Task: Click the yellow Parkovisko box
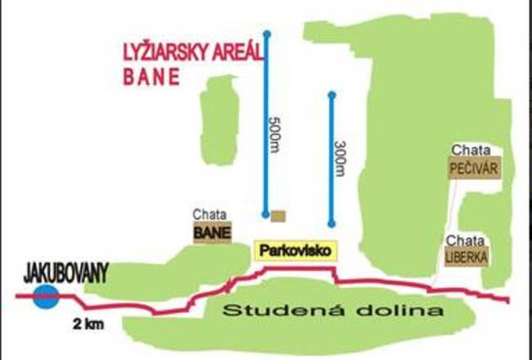pyautogui.click(x=296, y=250)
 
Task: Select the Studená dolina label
pyautogui.click(x=333, y=311)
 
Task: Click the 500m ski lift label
pyautogui.click(x=275, y=132)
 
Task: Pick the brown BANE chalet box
pyautogui.click(x=212, y=232)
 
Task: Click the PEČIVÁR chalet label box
pyautogui.click(x=474, y=169)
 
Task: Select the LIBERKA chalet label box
pyautogui.click(x=467, y=257)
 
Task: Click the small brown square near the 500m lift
pyautogui.click(x=278, y=216)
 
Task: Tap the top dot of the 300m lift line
pyautogui.click(x=331, y=96)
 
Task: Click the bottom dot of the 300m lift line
pyautogui.click(x=331, y=223)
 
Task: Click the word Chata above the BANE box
pyautogui.click(x=210, y=214)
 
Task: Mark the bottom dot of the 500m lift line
pyautogui.click(x=266, y=214)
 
